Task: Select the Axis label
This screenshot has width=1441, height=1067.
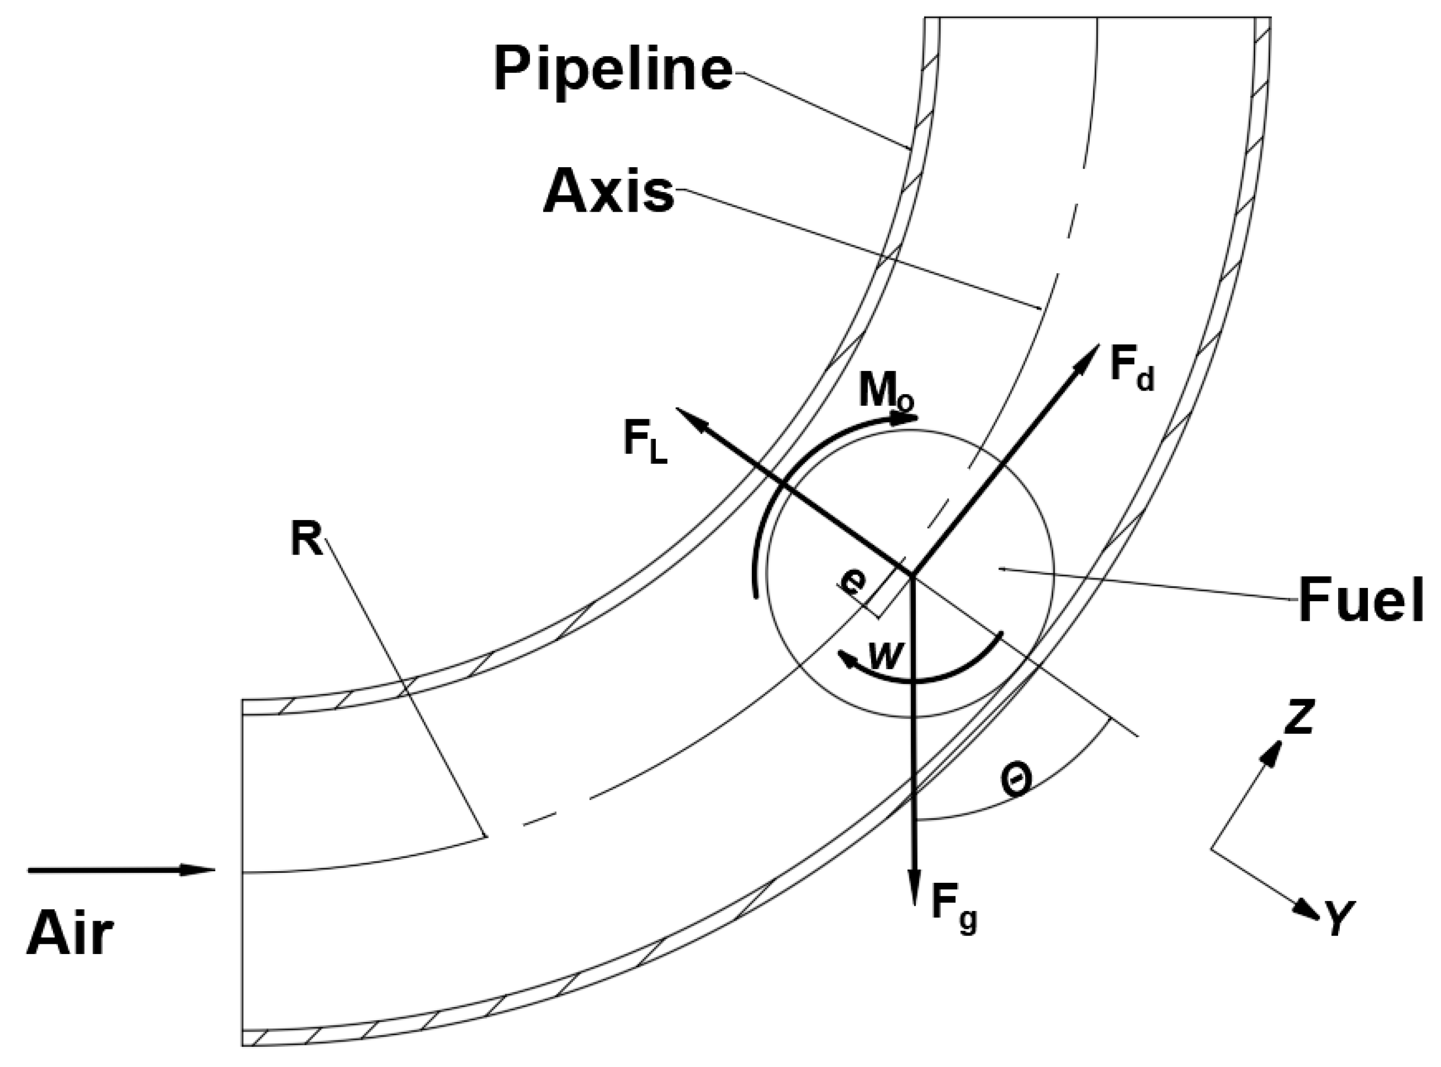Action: [609, 193]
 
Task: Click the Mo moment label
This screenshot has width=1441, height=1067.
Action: [886, 392]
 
